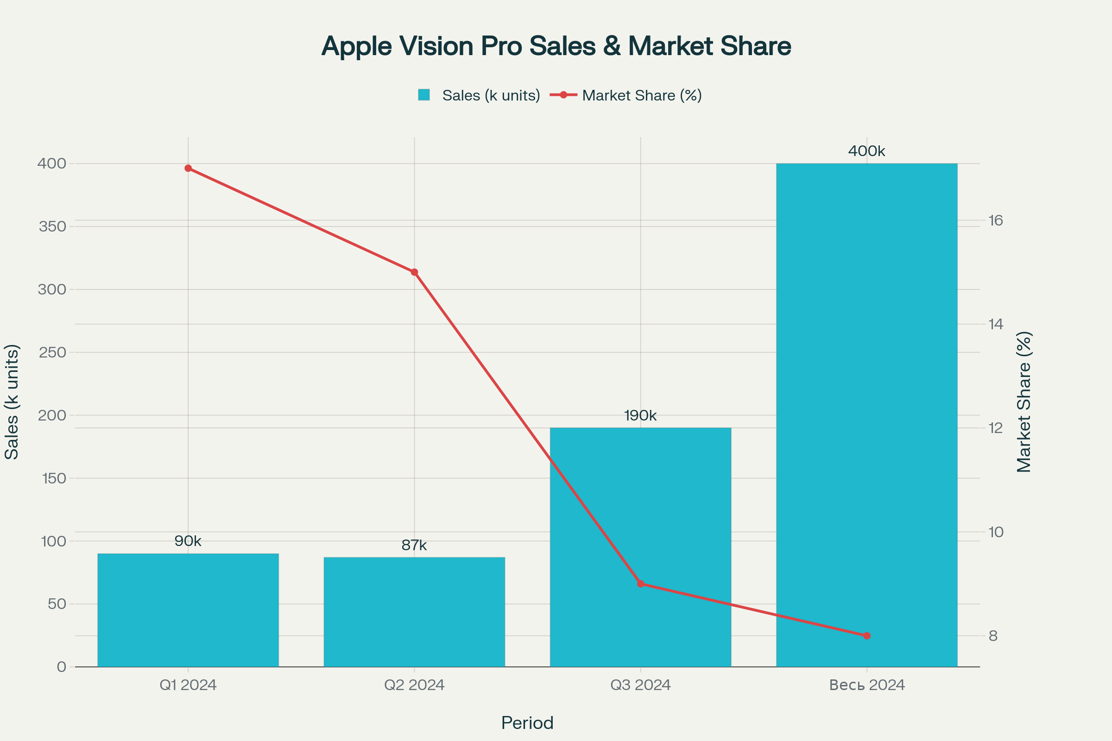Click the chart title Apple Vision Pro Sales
click(x=556, y=46)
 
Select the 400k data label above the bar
click(x=866, y=151)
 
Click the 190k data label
click(x=640, y=416)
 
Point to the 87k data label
click(x=414, y=546)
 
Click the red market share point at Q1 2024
click(x=188, y=168)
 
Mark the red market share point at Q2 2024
click(x=414, y=272)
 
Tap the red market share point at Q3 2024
click(x=641, y=584)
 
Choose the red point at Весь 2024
click(x=866, y=635)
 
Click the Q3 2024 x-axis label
click(x=640, y=685)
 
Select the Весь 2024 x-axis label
click(x=866, y=685)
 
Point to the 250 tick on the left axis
click(x=52, y=352)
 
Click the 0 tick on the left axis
click(x=62, y=667)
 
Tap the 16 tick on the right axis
click(x=996, y=221)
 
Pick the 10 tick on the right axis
click(x=996, y=532)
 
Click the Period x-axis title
click(x=527, y=723)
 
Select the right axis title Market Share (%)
click(x=1024, y=402)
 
